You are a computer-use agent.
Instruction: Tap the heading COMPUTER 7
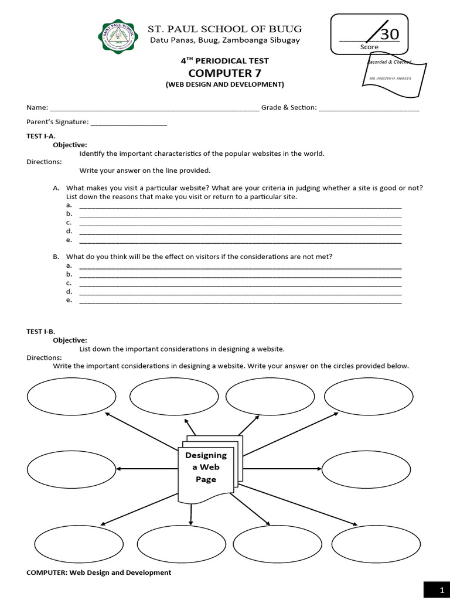(x=224, y=73)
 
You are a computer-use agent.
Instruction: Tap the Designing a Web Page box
(x=206, y=468)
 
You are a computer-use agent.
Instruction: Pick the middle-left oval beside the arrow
(x=63, y=470)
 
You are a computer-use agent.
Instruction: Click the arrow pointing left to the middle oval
(x=146, y=469)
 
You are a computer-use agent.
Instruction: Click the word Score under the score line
(x=369, y=47)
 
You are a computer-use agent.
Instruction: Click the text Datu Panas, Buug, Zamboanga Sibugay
(x=225, y=40)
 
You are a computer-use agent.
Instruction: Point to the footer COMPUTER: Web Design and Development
(x=98, y=572)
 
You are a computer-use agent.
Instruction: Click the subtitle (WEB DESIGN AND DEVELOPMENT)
(x=224, y=84)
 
